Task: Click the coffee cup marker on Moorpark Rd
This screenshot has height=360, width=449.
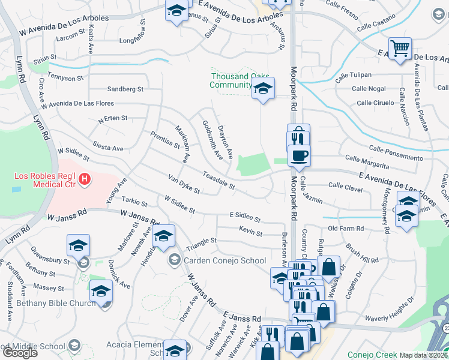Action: tap(299, 156)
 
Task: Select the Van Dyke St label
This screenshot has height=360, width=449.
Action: tap(184, 184)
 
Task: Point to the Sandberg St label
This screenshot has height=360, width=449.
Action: tap(125, 89)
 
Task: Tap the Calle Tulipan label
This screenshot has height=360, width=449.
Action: tap(353, 74)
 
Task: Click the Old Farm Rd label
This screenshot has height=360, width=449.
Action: tap(346, 229)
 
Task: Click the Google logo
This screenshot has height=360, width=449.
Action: tap(19, 353)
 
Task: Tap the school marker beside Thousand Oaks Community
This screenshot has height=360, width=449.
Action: tap(263, 88)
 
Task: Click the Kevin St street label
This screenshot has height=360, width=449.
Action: tap(250, 232)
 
